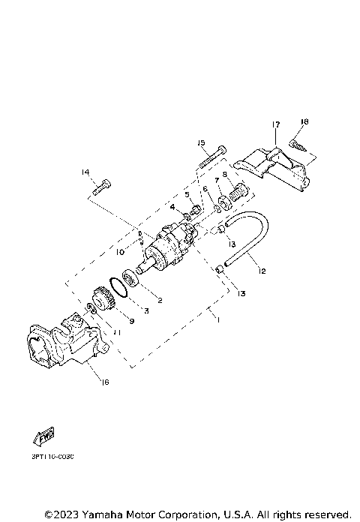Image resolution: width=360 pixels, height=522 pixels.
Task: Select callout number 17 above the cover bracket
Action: [x=276, y=124]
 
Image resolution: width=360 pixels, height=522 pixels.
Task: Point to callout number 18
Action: [x=304, y=121]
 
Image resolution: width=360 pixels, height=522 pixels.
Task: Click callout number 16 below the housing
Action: [x=104, y=382]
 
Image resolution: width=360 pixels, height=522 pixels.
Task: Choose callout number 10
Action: [x=120, y=253]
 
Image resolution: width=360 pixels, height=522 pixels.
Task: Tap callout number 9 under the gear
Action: [x=131, y=320]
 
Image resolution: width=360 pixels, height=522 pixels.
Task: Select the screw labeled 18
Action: [x=295, y=144]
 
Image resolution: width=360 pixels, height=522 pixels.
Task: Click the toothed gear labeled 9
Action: [x=97, y=303]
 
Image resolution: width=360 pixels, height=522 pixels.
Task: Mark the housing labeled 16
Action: [x=64, y=345]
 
